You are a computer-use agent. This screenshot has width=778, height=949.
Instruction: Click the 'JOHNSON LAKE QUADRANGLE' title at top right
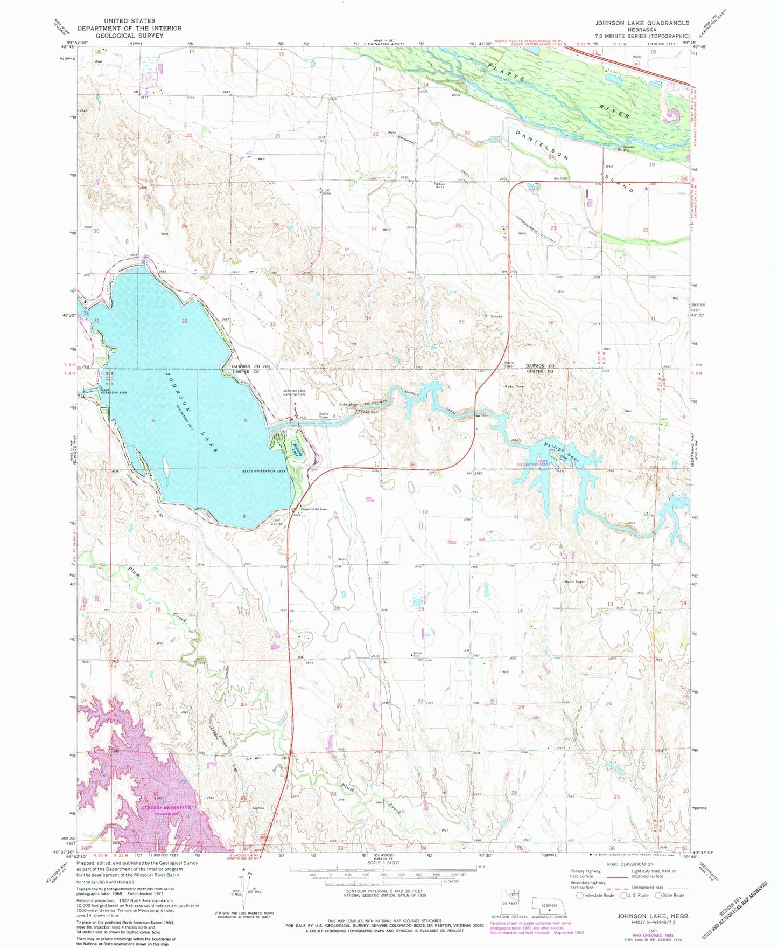point(642,23)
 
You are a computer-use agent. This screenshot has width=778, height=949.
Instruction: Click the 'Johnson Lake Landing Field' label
point(295,393)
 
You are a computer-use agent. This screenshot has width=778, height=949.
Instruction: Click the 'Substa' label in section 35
point(496,316)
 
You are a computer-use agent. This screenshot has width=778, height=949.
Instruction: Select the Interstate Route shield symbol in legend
point(579,895)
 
